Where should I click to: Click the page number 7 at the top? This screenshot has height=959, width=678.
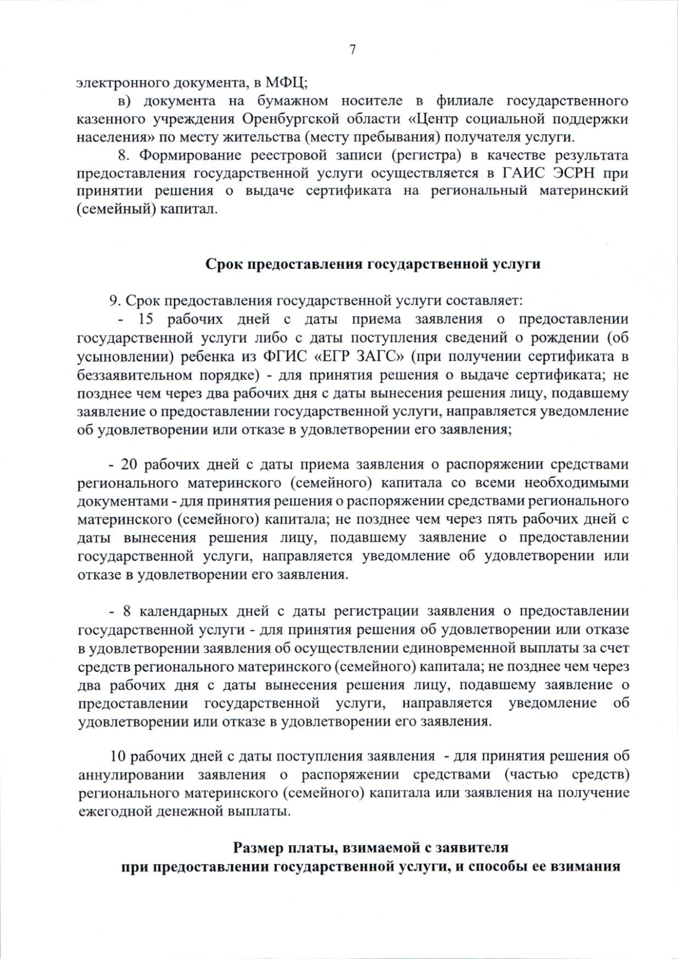[x=353, y=50]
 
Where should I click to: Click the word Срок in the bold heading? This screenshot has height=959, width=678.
[x=224, y=264]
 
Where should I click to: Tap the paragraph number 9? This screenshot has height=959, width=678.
[x=113, y=300]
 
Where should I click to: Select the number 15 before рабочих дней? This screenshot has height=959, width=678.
[x=146, y=319]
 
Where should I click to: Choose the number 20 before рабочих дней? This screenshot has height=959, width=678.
[x=129, y=464]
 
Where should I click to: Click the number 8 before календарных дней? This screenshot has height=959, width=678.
[x=127, y=611]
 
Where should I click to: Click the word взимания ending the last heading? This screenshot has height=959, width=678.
[x=587, y=866]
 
